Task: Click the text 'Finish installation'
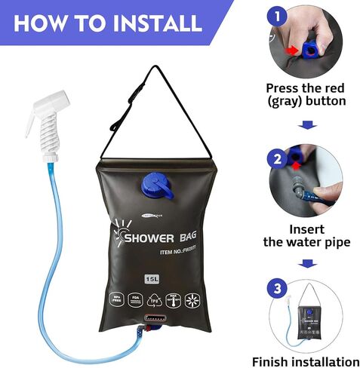pos(306,361)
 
